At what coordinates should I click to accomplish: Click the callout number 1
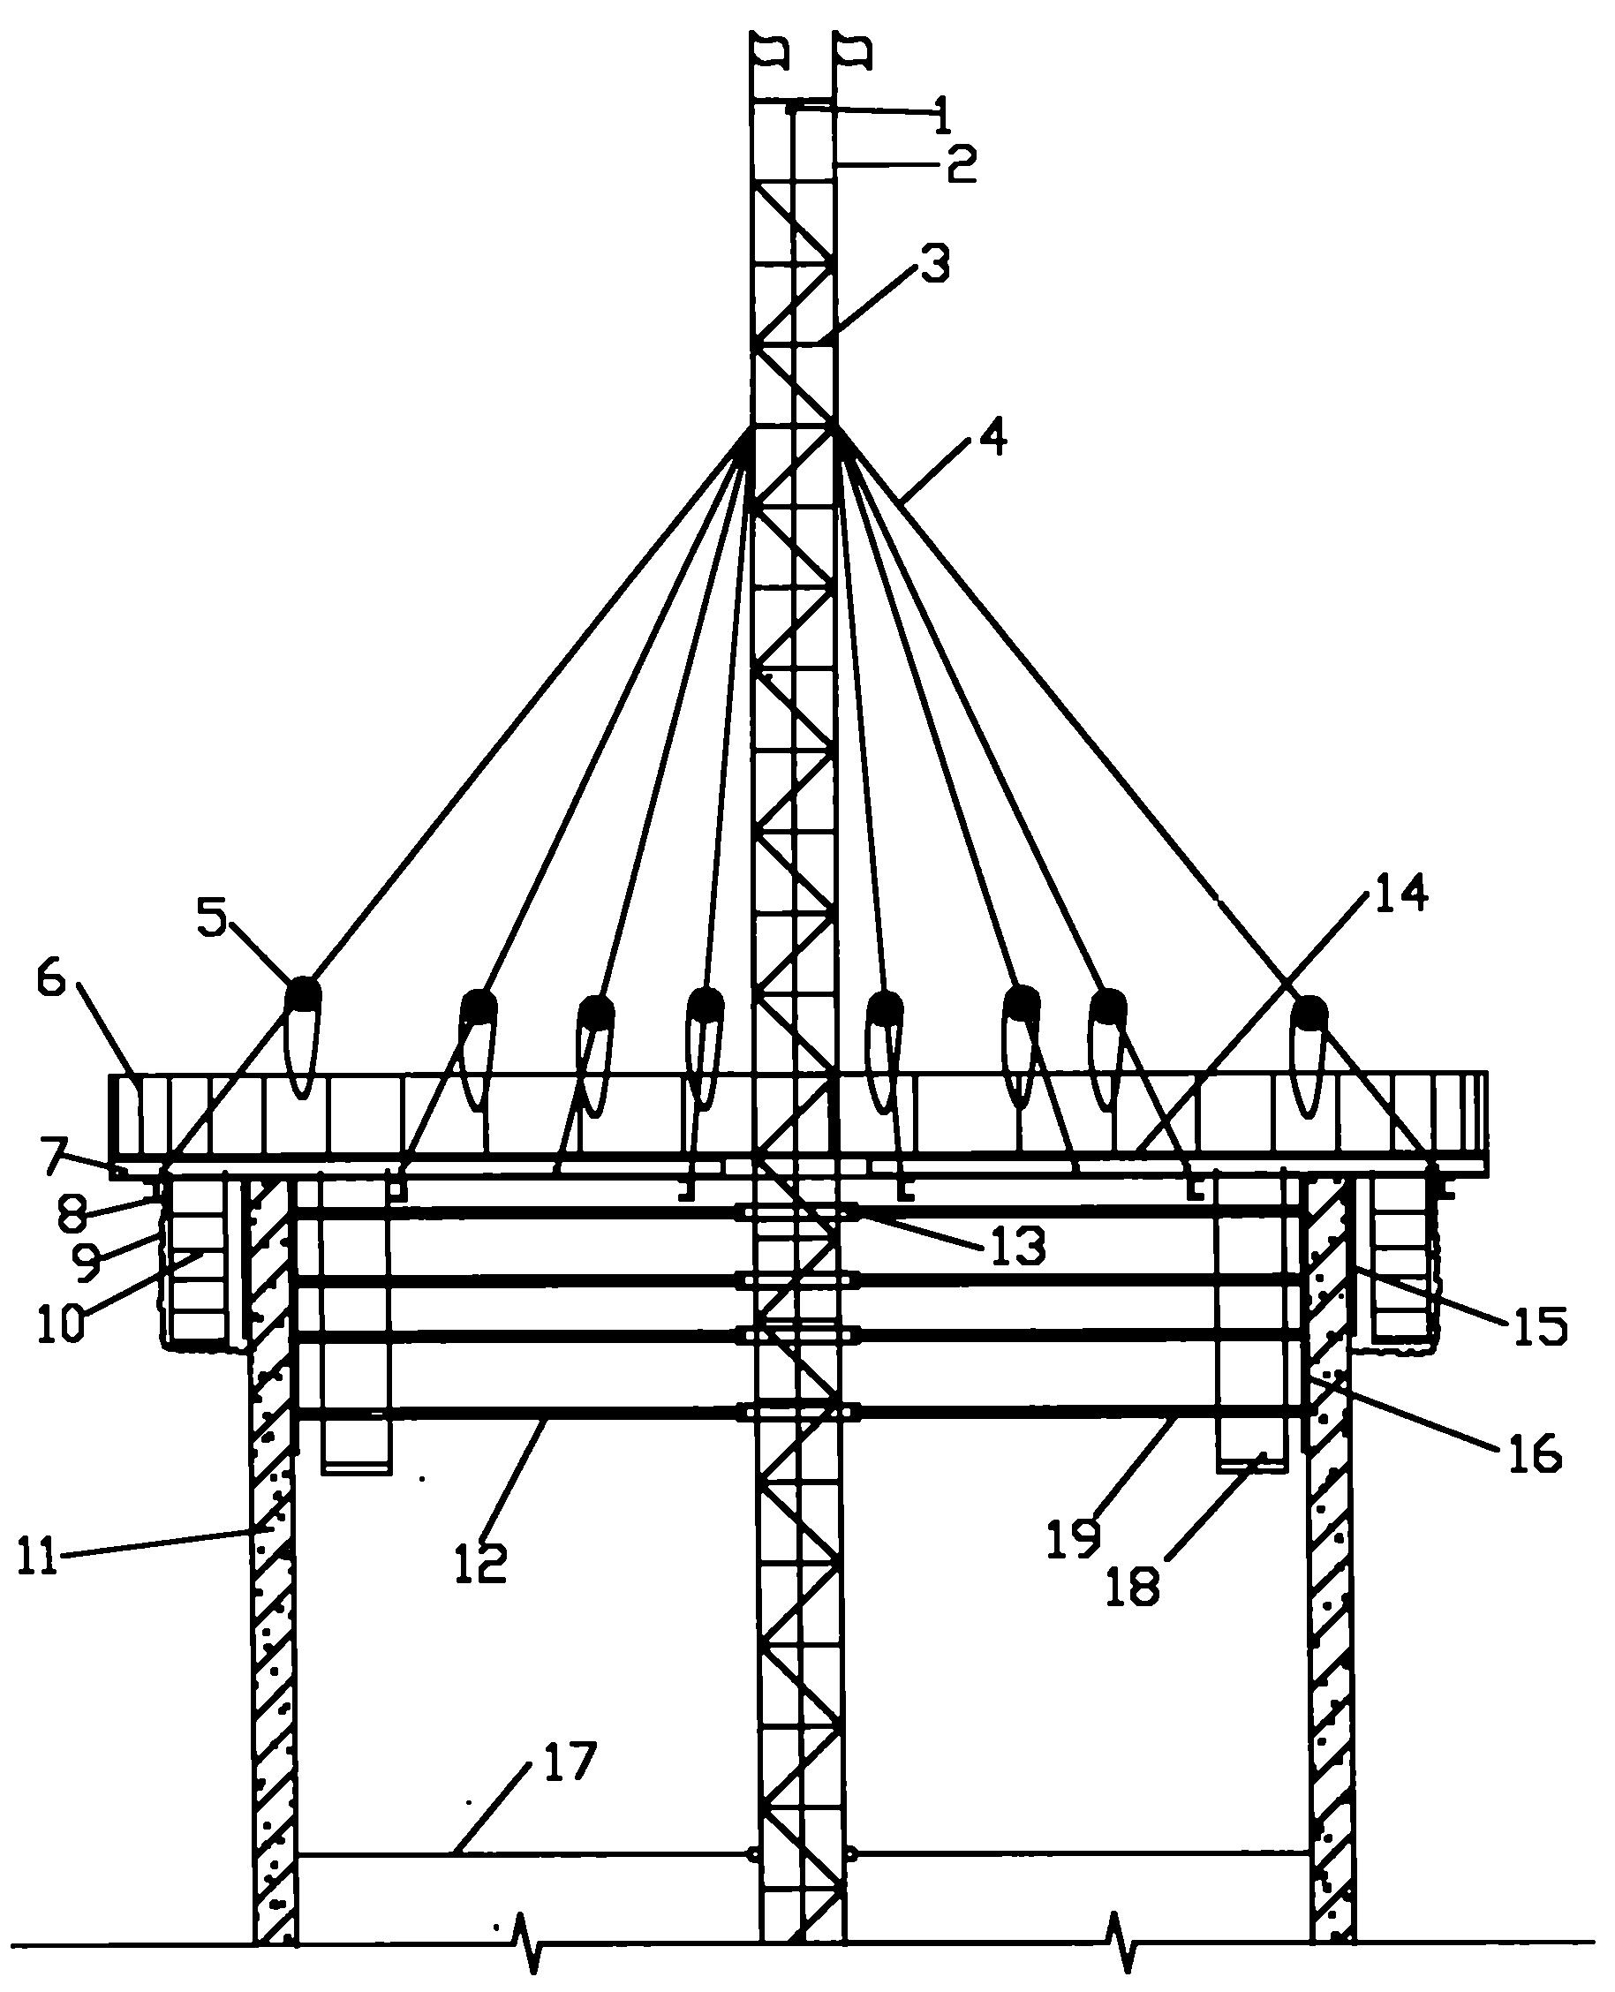tap(942, 117)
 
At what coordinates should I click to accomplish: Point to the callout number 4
tap(992, 437)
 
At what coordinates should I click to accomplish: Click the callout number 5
tap(211, 918)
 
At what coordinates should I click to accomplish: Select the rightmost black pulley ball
tap(1309, 1013)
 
